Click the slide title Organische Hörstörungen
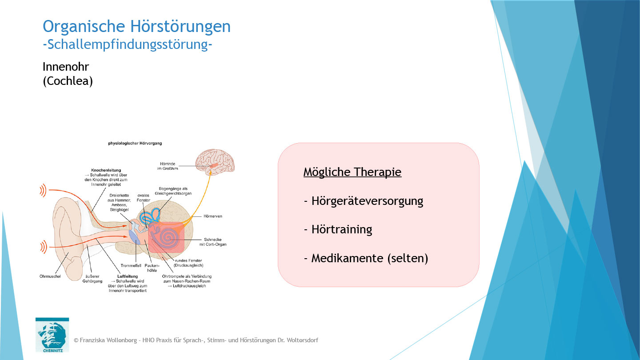pos(136,27)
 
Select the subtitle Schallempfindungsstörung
pos(127,44)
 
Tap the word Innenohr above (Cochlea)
pos(66,67)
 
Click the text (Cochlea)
pos(68,82)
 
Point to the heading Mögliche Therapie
pos(352,172)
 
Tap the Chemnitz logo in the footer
pos(52,335)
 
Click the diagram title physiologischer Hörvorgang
pos(135,144)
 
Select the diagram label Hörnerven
pos(213,216)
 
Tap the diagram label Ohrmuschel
pos(50,276)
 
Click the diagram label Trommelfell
pos(131,266)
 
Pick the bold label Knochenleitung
pos(106,170)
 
